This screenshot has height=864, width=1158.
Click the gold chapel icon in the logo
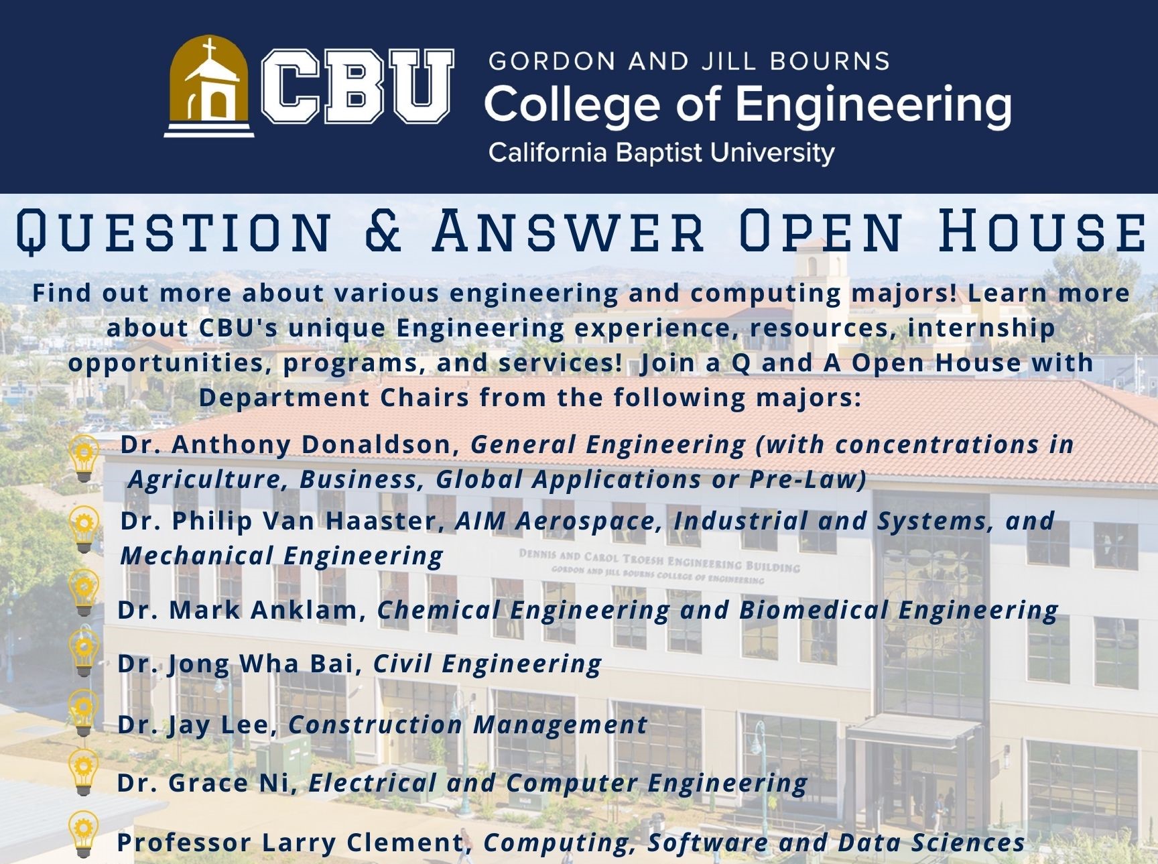tap(209, 86)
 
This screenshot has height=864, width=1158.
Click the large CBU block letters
tap(357, 86)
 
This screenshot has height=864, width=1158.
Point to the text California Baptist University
tap(661, 153)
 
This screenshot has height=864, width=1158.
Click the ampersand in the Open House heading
tap(383, 230)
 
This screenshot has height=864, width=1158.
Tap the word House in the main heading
tap(1041, 230)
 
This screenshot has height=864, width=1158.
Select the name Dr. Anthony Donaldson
tap(289, 444)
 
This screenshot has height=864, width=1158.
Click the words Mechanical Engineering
tap(282, 556)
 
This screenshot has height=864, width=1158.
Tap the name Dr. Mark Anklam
tap(242, 610)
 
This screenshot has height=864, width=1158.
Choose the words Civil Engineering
tap(487, 664)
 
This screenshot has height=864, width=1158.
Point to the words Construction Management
tap(468, 725)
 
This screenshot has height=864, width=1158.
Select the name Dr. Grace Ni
tap(208, 782)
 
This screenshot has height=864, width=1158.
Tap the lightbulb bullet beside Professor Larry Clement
tap(84, 834)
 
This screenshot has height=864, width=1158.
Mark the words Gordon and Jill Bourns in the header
tap(689, 61)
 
